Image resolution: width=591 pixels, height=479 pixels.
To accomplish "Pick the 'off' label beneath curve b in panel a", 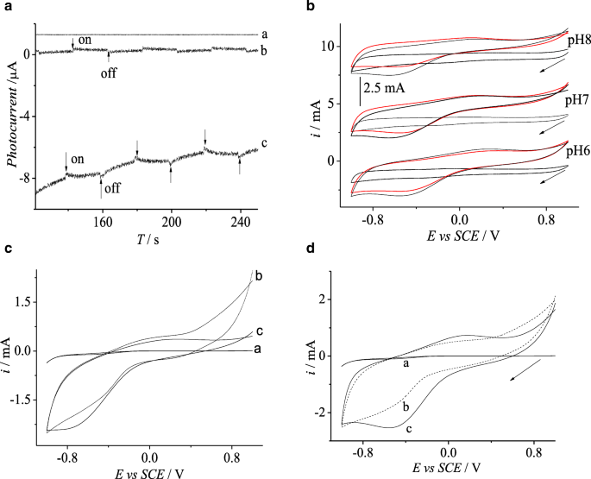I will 109,73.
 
